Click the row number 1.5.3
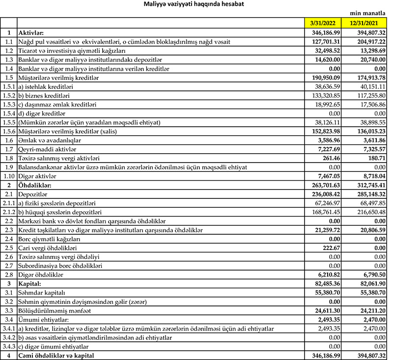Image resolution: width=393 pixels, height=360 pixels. tap(8, 104)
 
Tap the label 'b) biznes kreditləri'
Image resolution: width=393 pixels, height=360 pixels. tap(45, 95)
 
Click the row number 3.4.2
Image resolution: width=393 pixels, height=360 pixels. tap(8, 337)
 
